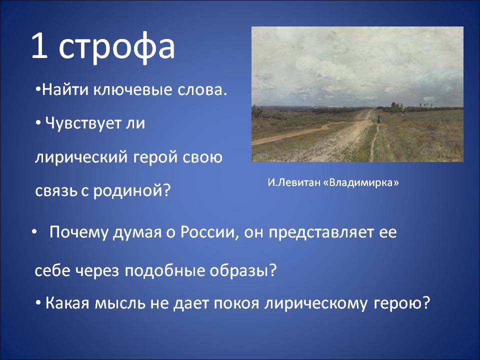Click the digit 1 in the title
coord(39,45)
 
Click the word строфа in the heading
coord(116,48)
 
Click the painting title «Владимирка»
coord(361,183)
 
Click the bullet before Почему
coord(33,232)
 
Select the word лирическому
coord(316,304)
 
